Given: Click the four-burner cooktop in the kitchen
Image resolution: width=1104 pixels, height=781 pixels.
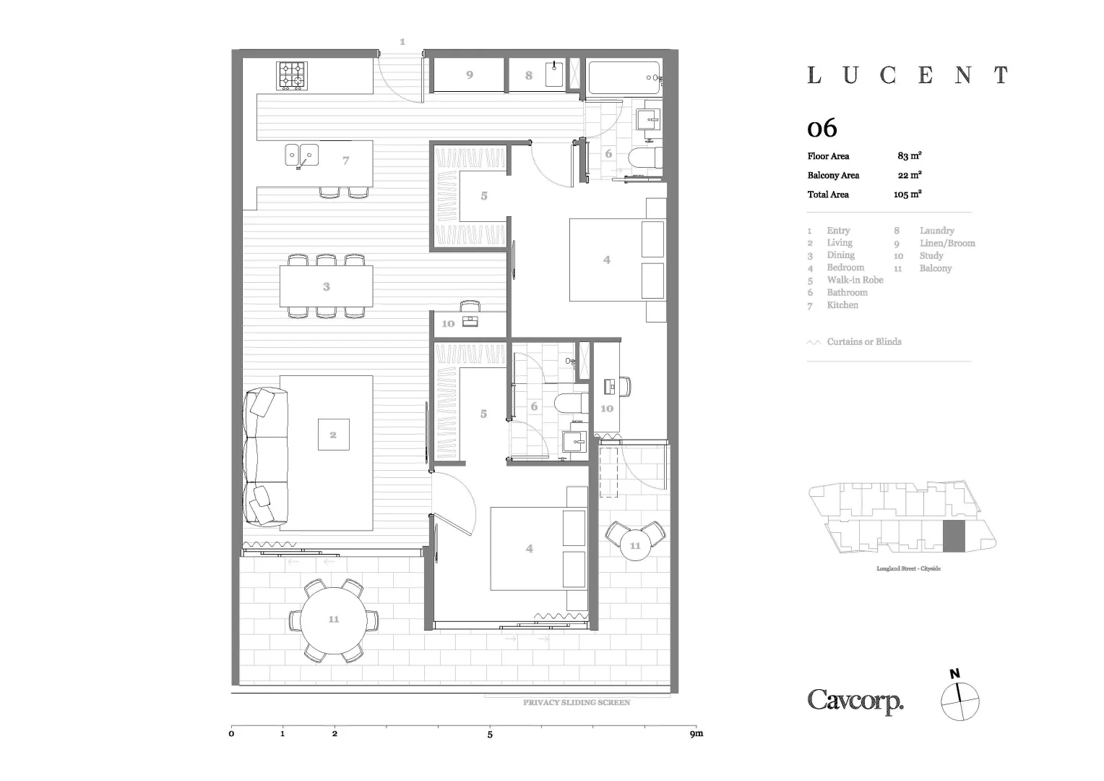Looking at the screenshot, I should [292, 75].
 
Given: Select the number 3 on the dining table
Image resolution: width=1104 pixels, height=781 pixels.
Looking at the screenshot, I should [327, 287].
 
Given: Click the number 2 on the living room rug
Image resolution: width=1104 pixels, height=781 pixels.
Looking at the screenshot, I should [333, 435].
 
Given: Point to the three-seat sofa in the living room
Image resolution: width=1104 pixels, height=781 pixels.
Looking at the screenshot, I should [266, 457].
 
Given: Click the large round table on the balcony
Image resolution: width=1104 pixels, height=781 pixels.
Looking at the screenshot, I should [333, 620].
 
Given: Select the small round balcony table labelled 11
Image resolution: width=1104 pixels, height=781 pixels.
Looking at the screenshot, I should [635, 545].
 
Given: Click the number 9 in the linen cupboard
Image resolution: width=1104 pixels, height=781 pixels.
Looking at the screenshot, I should [470, 74].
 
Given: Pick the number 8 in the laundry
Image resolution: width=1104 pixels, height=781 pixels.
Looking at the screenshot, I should [529, 75].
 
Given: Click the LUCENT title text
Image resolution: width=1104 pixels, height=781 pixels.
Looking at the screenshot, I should [907, 75].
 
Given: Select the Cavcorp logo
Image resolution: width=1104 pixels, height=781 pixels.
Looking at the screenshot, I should [855, 701].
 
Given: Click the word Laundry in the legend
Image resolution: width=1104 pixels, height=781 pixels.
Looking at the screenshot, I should [936, 231].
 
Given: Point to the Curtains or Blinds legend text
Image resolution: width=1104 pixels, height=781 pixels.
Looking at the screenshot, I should [864, 342].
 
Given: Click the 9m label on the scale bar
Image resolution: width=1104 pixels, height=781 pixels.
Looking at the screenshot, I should [696, 734].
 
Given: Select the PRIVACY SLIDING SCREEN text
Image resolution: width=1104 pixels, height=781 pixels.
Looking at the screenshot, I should [577, 702].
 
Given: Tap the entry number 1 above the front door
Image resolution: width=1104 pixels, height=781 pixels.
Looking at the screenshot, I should [402, 42].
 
